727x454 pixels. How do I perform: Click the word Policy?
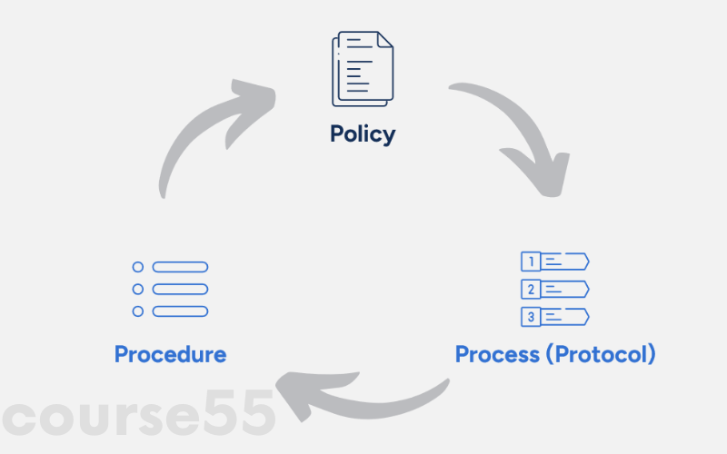(363, 134)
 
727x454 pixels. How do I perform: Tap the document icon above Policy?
(363, 68)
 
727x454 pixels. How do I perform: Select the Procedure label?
(170, 353)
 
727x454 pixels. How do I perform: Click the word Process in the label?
(498, 353)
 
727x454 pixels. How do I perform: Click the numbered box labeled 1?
(530, 262)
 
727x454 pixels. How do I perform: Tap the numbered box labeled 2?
(530, 290)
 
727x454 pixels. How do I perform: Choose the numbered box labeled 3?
(530, 317)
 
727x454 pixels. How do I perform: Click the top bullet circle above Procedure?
(138, 267)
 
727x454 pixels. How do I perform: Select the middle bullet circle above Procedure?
(138, 290)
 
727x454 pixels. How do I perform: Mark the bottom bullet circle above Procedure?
(138, 311)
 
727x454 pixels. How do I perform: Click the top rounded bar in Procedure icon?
(180, 267)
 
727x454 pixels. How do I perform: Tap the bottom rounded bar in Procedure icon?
(180, 311)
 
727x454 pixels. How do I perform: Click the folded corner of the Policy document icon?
(385, 40)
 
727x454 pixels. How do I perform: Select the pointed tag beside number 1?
(567, 262)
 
